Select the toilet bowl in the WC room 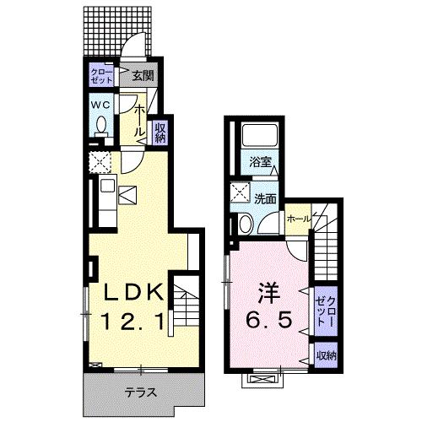point(100,127)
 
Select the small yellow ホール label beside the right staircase point(297,219)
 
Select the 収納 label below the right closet point(326,355)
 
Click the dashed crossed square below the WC point(99,160)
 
